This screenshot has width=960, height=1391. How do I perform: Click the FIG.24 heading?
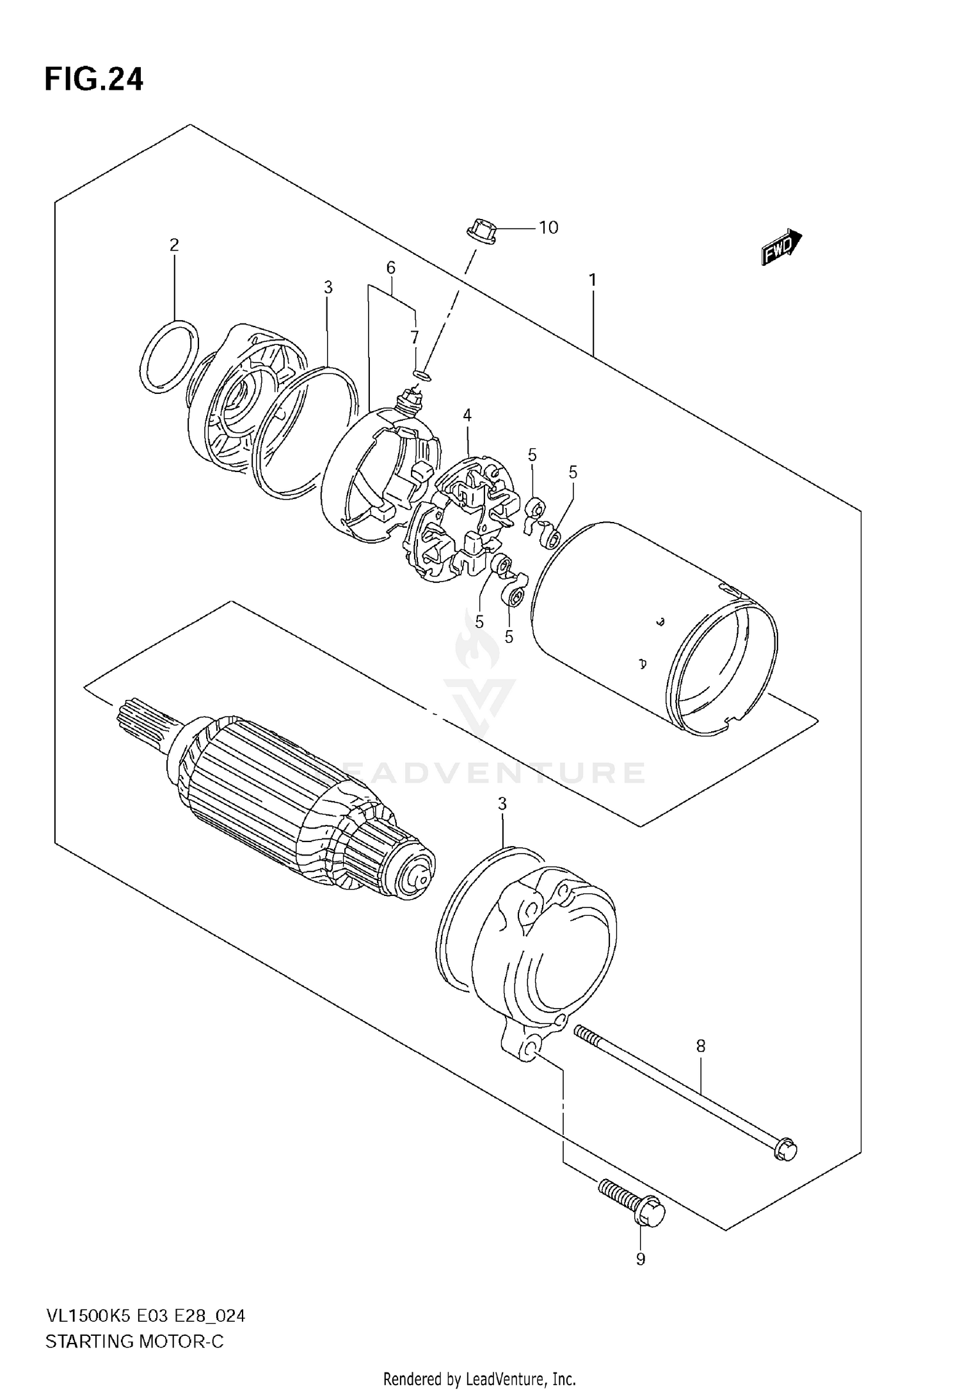click(94, 81)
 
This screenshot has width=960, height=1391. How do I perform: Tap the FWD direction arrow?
click(781, 247)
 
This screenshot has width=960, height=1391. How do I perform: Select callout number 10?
click(548, 228)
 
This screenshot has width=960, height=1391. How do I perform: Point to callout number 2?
click(174, 245)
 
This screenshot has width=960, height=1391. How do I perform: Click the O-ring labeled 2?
click(168, 357)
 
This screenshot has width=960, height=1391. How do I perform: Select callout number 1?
click(593, 280)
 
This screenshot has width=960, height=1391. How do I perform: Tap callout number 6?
click(390, 268)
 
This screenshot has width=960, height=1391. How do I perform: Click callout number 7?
click(415, 338)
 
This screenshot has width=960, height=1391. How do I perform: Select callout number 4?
click(467, 416)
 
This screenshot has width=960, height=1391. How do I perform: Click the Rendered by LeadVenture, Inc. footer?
click(479, 1379)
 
